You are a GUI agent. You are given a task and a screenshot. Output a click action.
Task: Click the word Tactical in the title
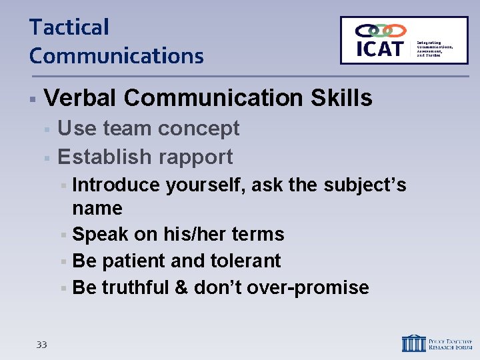pyautogui.click(x=69, y=28)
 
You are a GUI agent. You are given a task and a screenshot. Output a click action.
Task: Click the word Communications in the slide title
pyautogui.click(x=116, y=56)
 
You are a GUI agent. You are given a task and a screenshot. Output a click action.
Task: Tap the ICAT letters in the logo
pyautogui.click(x=380, y=49)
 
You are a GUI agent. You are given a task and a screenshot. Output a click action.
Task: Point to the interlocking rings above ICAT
pyautogui.click(x=381, y=31)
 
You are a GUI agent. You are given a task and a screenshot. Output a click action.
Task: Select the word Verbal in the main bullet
pyautogui.click(x=80, y=99)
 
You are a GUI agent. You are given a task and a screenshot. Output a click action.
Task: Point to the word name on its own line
pyautogui.click(x=97, y=209)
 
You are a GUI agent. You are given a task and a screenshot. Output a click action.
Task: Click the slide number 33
pyautogui.click(x=41, y=345)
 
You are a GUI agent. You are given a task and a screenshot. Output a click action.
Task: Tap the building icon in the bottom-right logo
pyautogui.click(x=413, y=343)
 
